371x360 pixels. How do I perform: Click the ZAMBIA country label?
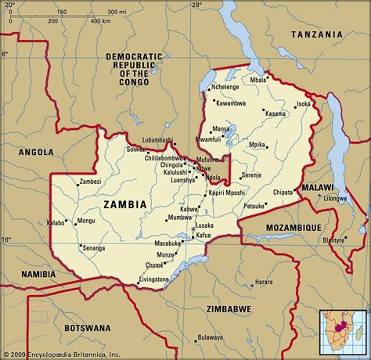point(124,205)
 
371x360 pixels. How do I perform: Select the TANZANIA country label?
point(316,35)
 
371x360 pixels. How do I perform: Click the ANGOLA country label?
point(37,152)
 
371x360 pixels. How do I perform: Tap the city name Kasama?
point(275,114)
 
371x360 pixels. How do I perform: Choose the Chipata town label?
point(283,191)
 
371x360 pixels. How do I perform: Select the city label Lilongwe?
point(335,199)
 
